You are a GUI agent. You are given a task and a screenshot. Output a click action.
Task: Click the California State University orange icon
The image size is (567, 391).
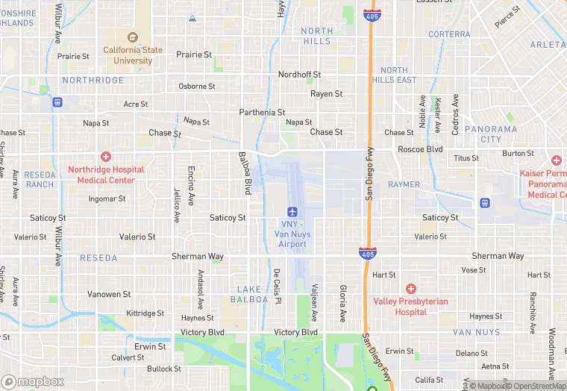click(133, 38)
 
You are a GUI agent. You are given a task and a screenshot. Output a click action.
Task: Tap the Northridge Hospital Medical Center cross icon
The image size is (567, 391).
click(106, 157)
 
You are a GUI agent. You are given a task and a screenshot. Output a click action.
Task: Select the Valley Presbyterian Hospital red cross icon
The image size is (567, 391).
click(410, 289)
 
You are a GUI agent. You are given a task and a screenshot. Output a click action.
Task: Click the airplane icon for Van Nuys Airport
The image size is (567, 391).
click(293, 211)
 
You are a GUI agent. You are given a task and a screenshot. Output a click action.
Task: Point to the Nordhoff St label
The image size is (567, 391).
click(299, 75)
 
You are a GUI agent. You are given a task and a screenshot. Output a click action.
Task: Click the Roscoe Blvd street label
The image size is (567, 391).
click(421, 149)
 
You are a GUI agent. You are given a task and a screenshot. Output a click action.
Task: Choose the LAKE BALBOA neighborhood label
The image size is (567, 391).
click(252, 294)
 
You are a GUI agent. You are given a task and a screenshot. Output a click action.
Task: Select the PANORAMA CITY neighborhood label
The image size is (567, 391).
click(490, 134)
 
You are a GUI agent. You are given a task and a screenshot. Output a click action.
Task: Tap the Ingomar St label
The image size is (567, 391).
click(107, 198)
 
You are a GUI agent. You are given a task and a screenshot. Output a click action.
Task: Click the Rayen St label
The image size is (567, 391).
click(326, 94)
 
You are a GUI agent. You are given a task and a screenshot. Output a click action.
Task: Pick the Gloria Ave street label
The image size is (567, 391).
click(343, 297)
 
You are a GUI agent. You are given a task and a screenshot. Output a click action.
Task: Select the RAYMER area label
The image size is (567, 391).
click(404, 184)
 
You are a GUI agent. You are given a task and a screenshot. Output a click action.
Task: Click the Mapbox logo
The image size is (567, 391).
click(34, 381)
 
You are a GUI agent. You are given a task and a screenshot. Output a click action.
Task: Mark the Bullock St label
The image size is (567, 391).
click(163, 369)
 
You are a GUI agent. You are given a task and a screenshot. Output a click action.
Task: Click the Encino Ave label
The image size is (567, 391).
click(192, 182)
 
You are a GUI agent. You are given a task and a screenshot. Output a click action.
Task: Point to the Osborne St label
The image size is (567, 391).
click(197, 86)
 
